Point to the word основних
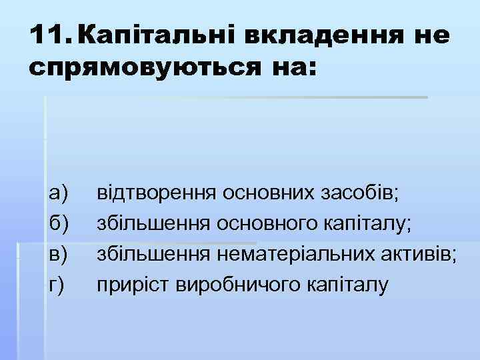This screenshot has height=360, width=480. click(263, 194)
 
